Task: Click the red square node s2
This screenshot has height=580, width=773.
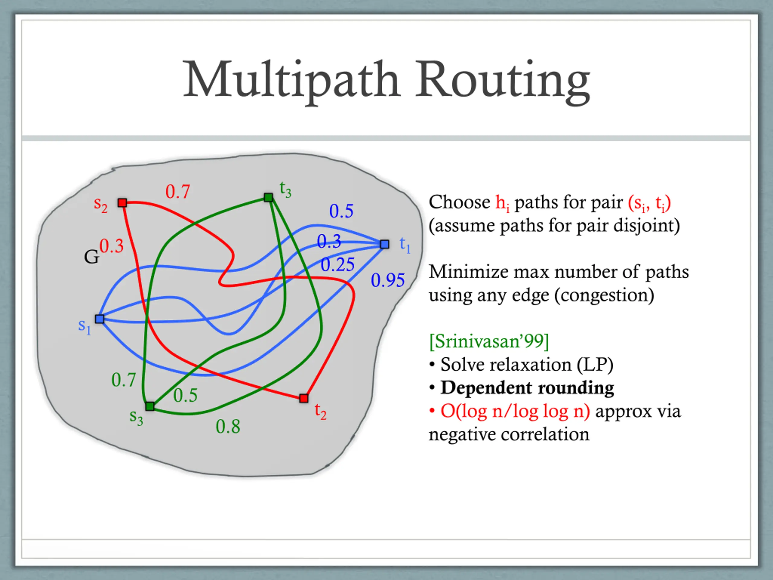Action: coord(122,203)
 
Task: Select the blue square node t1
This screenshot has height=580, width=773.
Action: coord(384,244)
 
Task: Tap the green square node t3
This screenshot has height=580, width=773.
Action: coord(268,198)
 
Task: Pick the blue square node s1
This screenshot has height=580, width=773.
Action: coord(100,319)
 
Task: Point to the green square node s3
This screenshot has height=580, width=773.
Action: coord(150,406)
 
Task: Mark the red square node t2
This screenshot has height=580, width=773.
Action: coord(304,398)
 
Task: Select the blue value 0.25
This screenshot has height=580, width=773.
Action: coord(338,265)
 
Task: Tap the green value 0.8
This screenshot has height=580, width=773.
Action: coord(228,427)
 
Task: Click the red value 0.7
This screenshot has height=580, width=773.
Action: coord(178,192)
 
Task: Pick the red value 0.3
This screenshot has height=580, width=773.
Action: coord(111,246)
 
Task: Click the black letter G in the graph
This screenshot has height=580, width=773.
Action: coord(91,257)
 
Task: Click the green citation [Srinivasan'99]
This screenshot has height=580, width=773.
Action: coord(489,341)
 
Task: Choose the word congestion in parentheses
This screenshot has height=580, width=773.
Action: coord(604,295)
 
